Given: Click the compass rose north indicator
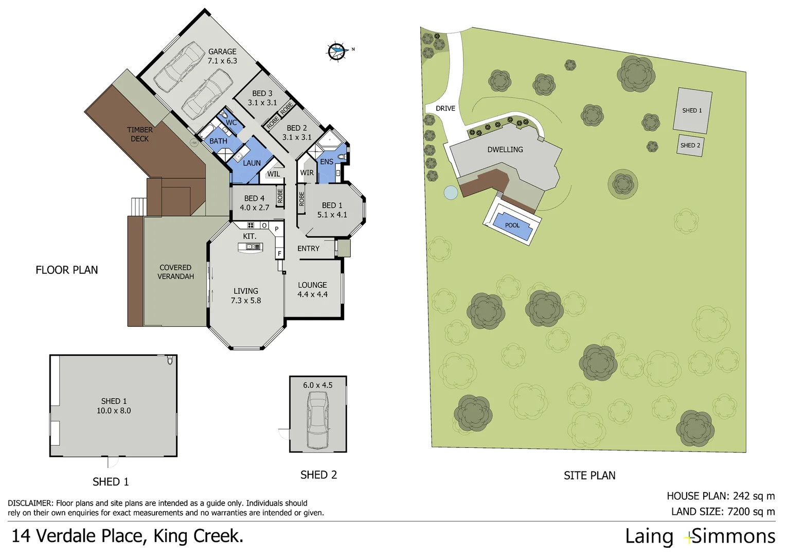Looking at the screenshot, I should click(x=337, y=51).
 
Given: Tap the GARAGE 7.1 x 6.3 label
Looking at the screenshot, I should click(x=222, y=56).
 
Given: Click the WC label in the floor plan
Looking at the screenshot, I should click(x=231, y=123).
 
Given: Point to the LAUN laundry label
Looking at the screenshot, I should click(x=252, y=163).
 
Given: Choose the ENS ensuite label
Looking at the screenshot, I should click(x=327, y=162).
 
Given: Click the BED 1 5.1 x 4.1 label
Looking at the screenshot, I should click(x=332, y=210).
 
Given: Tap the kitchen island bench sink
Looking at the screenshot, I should click(x=251, y=247).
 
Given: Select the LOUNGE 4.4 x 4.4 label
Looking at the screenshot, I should click(x=312, y=290).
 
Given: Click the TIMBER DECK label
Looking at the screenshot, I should click(x=139, y=134).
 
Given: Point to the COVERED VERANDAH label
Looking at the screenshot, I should click(x=175, y=272).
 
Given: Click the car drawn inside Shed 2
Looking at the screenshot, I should click(x=317, y=420).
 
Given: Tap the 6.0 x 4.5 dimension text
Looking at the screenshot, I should click(x=317, y=385).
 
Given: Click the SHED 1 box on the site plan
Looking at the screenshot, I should click(x=692, y=111).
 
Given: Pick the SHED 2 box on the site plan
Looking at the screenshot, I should click(x=690, y=146).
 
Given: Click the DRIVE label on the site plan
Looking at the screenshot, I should click(x=445, y=109).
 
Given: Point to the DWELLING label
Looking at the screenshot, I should click(x=505, y=150).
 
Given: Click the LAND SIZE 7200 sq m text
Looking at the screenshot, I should click(x=723, y=512).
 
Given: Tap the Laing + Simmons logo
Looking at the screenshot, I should click(x=700, y=536).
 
